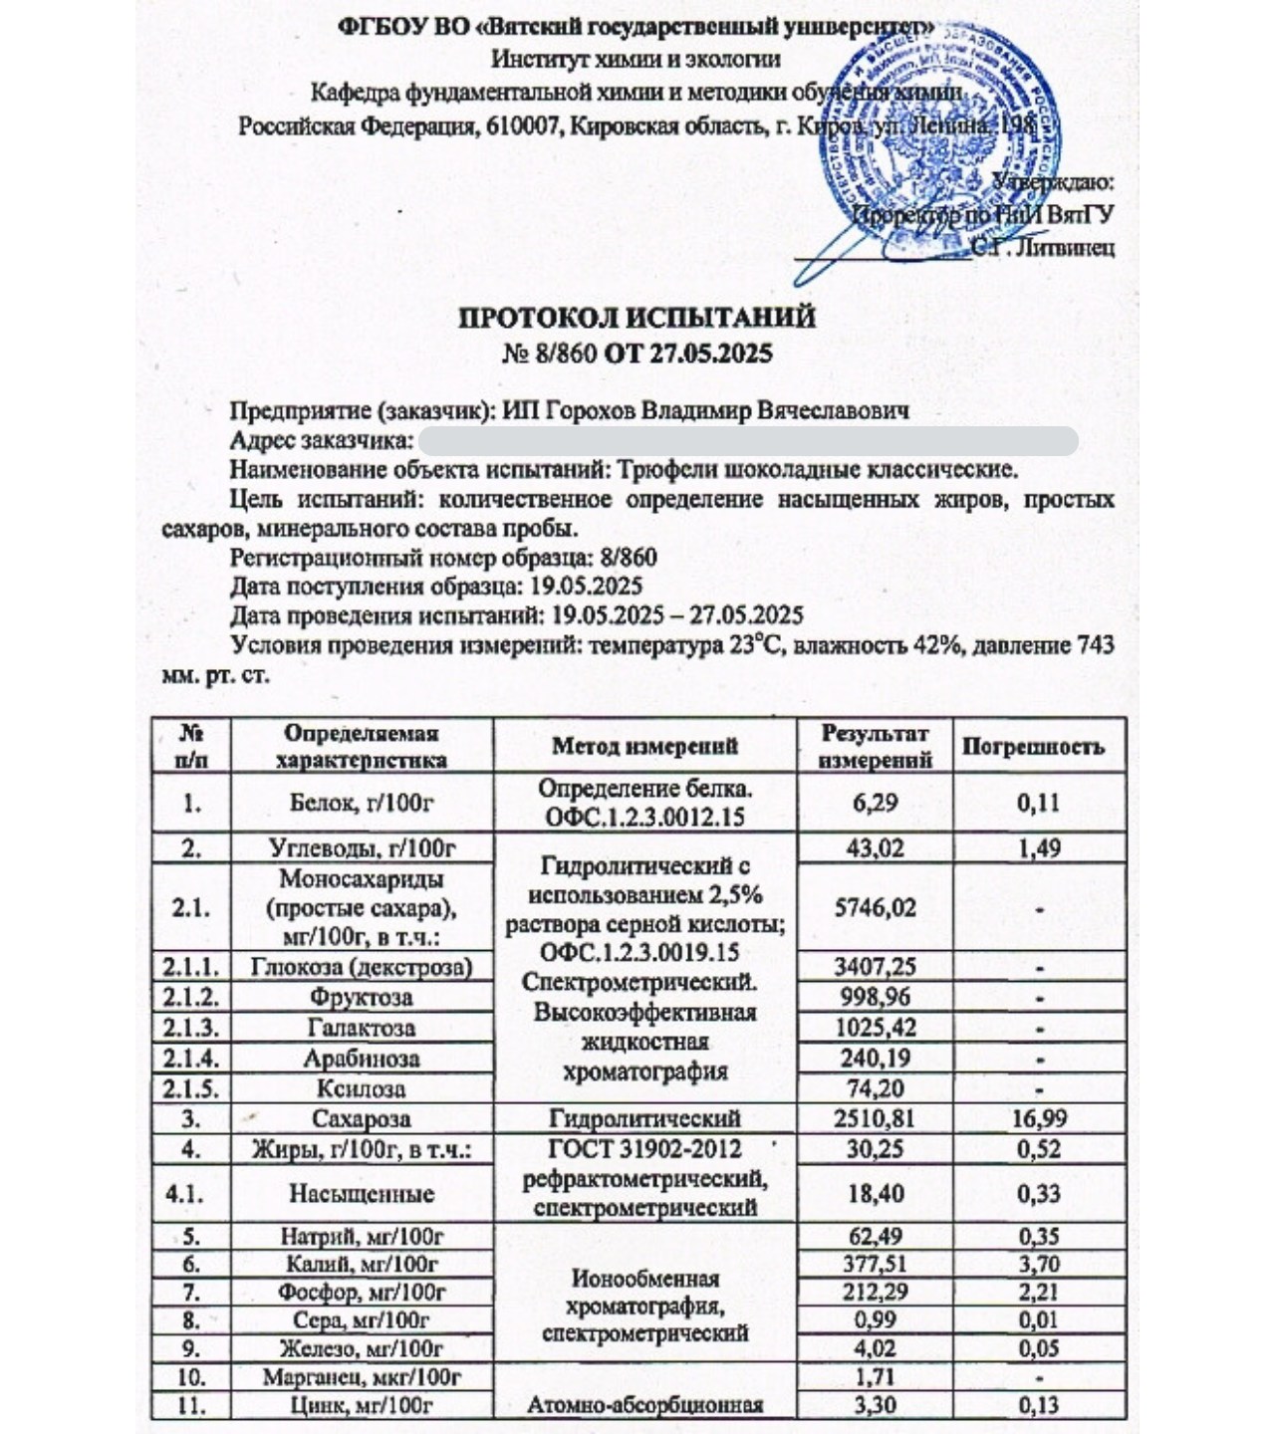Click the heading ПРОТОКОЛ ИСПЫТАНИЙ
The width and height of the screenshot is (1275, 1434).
click(x=637, y=318)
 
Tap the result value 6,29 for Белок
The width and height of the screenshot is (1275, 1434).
click(x=875, y=803)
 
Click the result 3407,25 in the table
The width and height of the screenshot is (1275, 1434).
click(x=875, y=966)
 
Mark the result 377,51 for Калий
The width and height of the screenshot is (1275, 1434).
click(x=875, y=1265)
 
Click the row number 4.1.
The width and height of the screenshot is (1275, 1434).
click(x=189, y=1193)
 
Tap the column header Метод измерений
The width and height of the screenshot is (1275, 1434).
click(x=644, y=747)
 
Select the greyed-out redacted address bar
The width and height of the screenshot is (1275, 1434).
click(x=747, y=440)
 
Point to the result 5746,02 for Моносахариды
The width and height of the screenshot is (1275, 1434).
click(x=875, y=907)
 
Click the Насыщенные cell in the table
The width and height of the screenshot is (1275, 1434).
click(x=361, y=1193)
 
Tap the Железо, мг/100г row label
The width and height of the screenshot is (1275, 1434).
click(x=361, y=1348)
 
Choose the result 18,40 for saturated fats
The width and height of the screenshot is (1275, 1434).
click(x=875, y=1193)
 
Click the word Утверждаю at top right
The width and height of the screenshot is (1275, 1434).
click(x=1056, y=182)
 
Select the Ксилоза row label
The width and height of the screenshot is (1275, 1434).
click(x=361, y=1088)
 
